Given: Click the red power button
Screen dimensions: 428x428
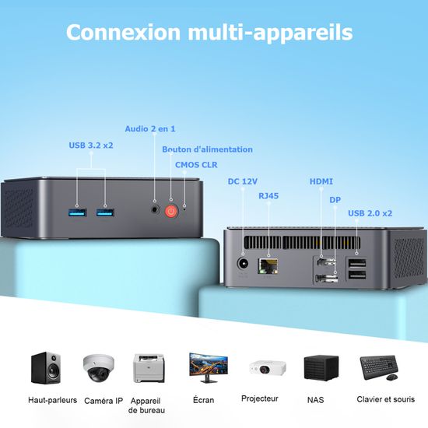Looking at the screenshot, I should click(172, 210).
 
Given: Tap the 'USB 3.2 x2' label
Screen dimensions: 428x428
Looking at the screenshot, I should click(91, 145).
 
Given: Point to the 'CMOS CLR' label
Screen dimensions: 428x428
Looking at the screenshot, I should click(196, 164).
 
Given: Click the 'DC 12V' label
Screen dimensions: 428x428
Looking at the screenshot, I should click(242, 181).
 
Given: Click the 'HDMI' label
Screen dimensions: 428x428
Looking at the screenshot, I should click(321, 181).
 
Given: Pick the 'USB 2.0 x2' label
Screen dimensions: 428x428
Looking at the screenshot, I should click(370, 212).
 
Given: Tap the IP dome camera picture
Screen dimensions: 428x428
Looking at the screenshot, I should click(98, 369).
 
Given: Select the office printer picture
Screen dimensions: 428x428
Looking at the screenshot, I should click(149, 368).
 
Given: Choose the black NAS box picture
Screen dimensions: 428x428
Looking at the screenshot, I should click(321, 368).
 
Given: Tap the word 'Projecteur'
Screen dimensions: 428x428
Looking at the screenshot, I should click(260, 398).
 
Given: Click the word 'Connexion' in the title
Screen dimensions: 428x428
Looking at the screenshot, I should click(124, 33).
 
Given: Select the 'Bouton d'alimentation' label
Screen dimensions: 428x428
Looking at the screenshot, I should click(207, 149).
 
